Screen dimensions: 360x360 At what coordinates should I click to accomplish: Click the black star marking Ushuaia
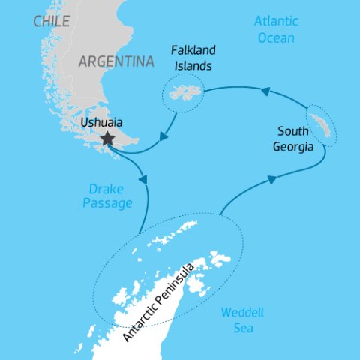click(x=108, y=138)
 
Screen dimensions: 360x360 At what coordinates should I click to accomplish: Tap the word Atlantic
click(x=275, y=21)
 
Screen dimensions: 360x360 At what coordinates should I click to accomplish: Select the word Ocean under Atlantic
click(x=275, y=37)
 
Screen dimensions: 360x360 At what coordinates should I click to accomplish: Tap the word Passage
click(x=107, y=202)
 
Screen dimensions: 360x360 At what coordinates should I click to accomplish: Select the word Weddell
click(x=242, y=313)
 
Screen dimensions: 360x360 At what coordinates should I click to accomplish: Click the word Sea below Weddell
click(x=242, y=328)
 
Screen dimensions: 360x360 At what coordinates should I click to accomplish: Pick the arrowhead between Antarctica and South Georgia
click(x=272, y=179)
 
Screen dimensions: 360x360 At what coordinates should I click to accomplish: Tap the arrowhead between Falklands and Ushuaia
click(x=163, y=136)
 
